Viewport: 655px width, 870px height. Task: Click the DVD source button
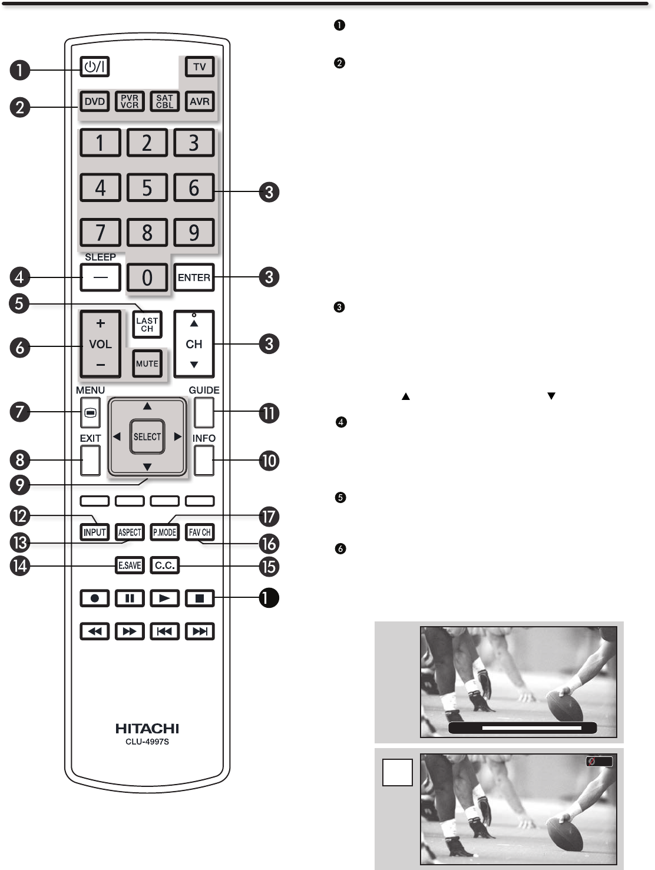click(94, 101)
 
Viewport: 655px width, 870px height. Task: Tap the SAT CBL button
click(164, 101)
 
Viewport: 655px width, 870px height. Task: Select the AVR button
click(200, 101)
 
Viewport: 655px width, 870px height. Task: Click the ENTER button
click(194, 277)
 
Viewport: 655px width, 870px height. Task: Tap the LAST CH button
click(147, 325)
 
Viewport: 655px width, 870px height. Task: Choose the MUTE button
click(147, 363)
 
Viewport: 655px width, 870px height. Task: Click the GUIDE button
click(203, 412)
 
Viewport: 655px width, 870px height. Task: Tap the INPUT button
click(94, 532)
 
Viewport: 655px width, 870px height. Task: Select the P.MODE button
click(164, 532)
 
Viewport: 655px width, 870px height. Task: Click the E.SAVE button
click(130, 565)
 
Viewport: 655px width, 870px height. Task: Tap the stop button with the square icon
click(200, 598)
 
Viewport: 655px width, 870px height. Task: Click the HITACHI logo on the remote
click(147, 729)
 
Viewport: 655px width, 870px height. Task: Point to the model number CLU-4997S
click(147, 742)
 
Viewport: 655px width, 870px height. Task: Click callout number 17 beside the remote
click(269, 517)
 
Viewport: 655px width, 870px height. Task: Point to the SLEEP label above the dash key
click(100, 257)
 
